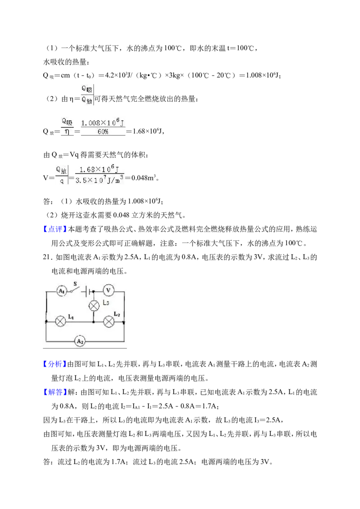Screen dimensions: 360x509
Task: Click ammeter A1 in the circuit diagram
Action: [62, 291]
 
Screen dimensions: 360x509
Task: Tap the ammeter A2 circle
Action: [80, 341]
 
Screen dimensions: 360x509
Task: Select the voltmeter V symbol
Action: [108, 290]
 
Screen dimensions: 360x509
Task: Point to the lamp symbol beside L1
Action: [60, 321]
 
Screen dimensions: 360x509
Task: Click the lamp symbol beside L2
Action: [108, 321]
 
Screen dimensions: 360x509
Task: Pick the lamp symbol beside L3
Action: [94, 306]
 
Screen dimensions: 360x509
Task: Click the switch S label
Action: [75, 284]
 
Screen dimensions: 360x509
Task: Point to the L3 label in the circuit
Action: [106, 303]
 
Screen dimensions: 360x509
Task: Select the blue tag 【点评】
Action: [54, 229]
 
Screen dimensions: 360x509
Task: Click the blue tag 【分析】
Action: [54, 364]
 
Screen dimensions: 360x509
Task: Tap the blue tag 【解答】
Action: [54, 392]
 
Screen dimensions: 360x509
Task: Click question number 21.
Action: [47, 257]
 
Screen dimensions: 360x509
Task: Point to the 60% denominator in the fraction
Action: [103, 132]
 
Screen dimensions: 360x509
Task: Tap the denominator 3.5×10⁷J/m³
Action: [99, 179]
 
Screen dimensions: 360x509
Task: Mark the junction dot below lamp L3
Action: [94, 321]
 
